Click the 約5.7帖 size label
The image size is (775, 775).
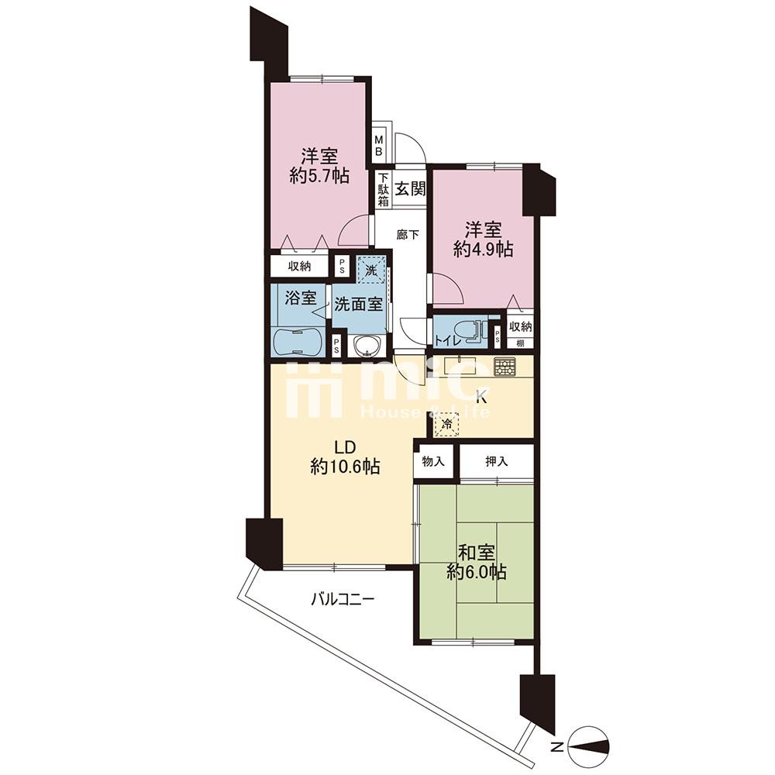(x=319, y=175)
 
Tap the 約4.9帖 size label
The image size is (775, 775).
(x=483, y=249)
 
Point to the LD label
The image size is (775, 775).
(x=346, y=447)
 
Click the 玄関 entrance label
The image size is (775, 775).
(x=410, y=188)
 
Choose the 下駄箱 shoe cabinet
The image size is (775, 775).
(x=384, y=189)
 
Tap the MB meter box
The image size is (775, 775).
(x=379, y=144)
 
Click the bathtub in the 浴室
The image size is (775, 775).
(x=297, y=341)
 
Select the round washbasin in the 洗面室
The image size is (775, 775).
(x=367, y=345)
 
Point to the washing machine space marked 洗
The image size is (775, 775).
(x=370, y=270)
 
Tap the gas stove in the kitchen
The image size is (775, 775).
(x=505, y=367)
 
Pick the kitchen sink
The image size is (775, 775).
(x=460, y=367)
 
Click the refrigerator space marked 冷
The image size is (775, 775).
(x=447, y=424)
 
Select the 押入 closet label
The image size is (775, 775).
(x=496, y=461)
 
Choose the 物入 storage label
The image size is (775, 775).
(x=433, y=461)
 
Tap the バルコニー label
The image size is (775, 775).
(x=343, y=600)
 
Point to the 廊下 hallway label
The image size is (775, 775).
(x=408, y=235)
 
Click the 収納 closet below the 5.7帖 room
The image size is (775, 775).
(x=299, y=266)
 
